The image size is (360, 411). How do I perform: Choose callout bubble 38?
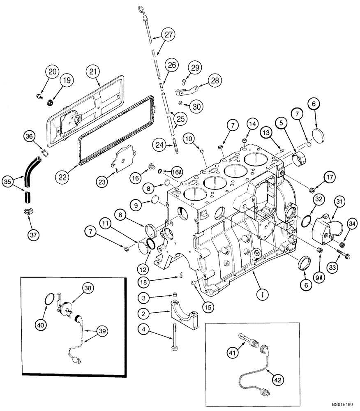click(x=87, y=289)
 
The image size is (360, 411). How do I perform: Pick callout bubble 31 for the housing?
click(x=339, y=202)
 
